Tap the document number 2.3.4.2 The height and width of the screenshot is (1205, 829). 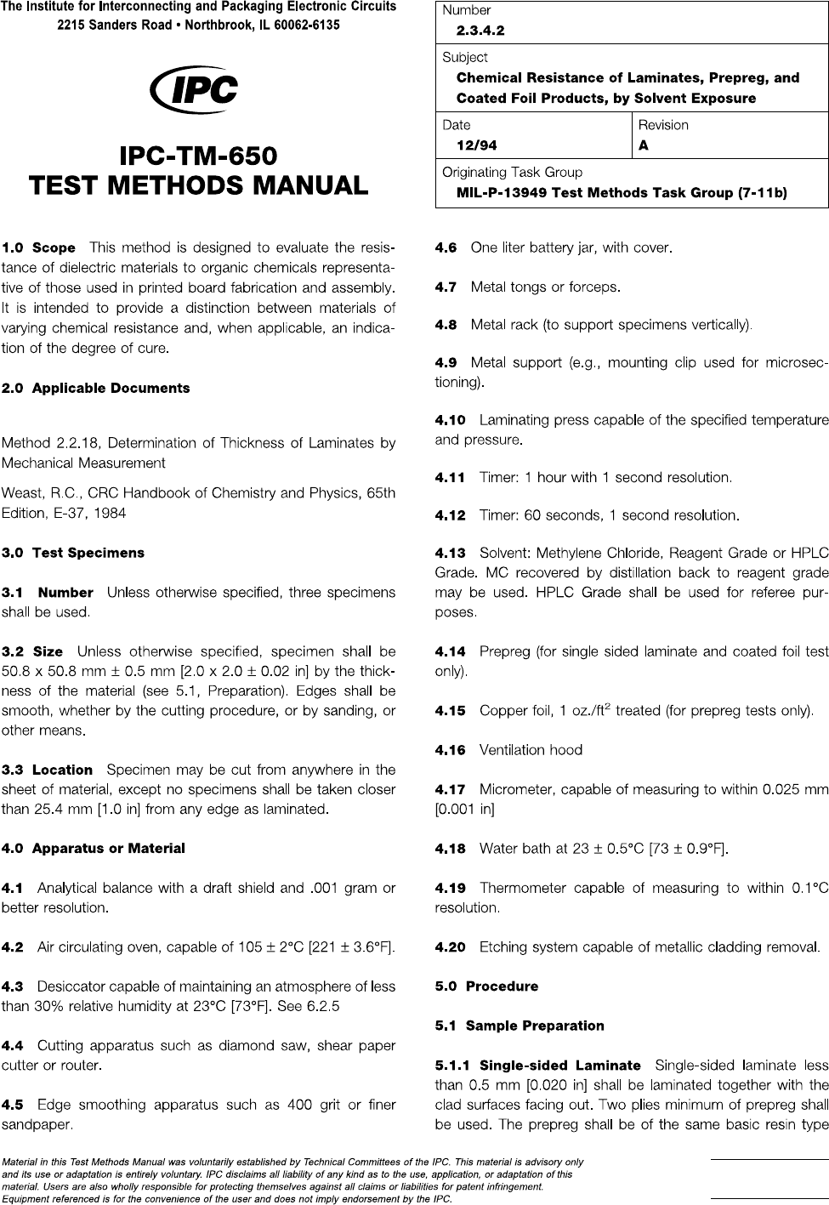point(480,31)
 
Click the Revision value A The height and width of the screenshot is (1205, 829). point(644,145)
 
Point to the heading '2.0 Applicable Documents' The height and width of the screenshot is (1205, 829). point(96,389)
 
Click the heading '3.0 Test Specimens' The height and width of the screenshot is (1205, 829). point(73,553)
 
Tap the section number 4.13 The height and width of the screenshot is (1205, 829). point(450,554)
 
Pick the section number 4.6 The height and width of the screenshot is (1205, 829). point(446,248)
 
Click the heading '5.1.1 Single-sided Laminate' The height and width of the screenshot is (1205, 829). point(537,1065)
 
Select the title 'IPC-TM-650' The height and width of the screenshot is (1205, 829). point(198,156)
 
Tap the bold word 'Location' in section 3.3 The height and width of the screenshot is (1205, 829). point(62,770)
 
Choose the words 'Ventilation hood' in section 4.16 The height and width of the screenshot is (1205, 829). point(531,750)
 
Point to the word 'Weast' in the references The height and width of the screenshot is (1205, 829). point(21,493)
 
